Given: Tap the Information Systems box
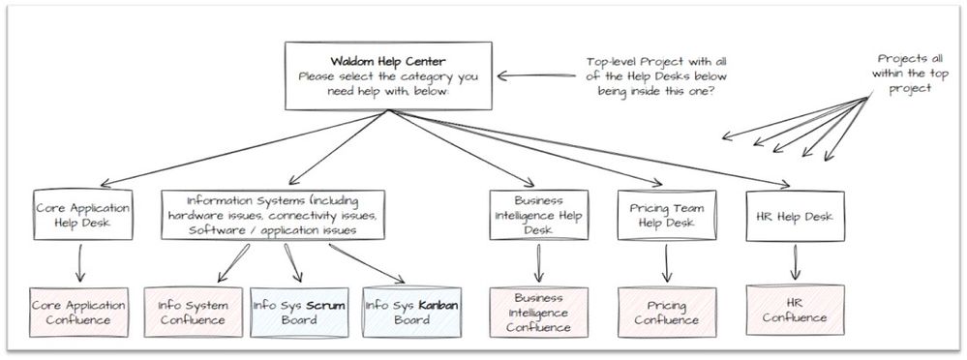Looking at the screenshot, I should (273, 216).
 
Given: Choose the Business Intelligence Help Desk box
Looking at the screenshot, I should (537, 215).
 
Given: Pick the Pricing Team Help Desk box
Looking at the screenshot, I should (666, 216).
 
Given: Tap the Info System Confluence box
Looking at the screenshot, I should (194, 312).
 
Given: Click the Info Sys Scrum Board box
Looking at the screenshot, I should (299, 312).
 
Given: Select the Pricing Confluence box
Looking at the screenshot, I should (666, 312).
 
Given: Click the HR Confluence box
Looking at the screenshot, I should (795, 310).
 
